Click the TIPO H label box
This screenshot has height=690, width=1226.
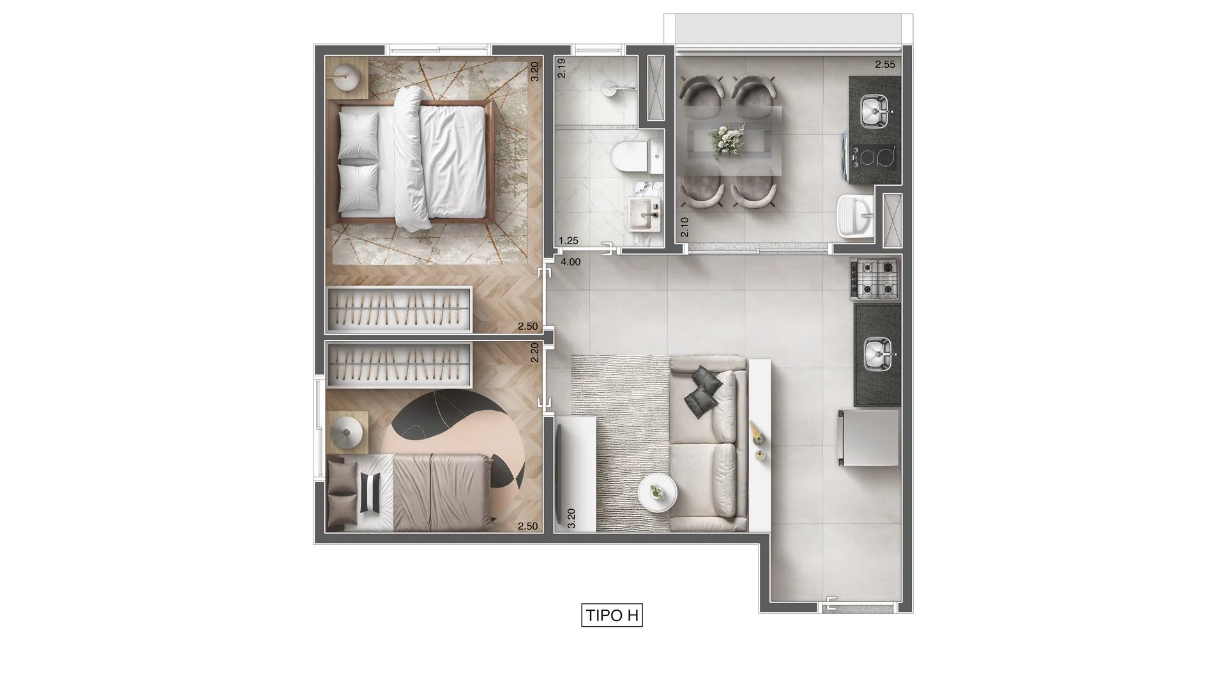point(612,615)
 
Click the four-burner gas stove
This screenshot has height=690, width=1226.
point(875,279)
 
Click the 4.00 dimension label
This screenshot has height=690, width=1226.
point(570,262)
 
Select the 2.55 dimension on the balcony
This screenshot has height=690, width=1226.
point(884,65)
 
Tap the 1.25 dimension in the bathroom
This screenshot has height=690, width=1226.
point(568,241)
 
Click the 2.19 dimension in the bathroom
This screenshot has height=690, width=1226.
point(562,68)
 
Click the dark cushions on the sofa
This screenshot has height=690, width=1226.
point(702,392)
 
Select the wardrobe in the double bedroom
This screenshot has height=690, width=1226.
point(399,310)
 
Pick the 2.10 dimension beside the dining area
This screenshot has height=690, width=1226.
point(685,227)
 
